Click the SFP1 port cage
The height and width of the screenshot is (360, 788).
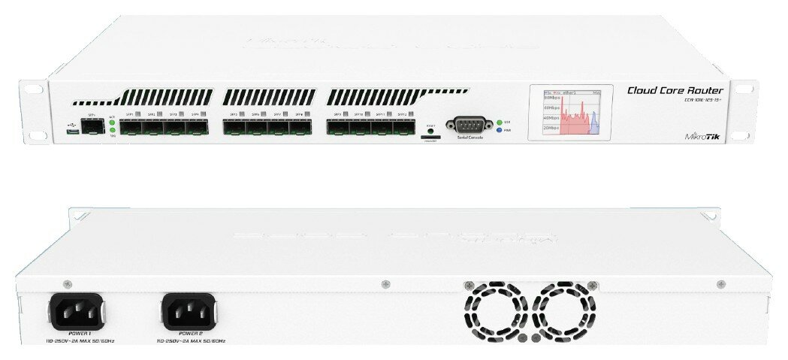coord(131,128)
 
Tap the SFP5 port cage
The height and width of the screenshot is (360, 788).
coord(234,128)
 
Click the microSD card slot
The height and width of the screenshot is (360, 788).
coord(430,138)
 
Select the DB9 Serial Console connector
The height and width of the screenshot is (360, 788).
coord(467,126)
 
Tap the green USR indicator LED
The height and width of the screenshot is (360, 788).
coord(500,122)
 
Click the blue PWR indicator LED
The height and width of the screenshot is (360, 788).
coord(500,130)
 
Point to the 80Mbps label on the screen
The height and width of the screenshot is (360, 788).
coord(551,98)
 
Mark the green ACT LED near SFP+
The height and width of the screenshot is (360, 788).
coord(112,122)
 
